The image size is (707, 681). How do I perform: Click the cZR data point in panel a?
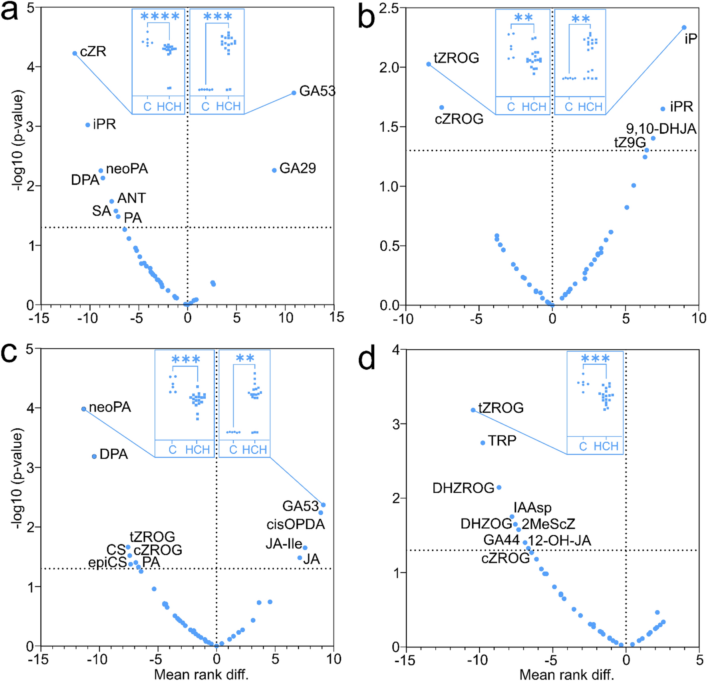[75, 53]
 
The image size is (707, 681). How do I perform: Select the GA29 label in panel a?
[298, 168]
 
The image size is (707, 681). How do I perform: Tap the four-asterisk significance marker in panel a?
[160, 17]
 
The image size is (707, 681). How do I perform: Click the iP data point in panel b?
[684, 28]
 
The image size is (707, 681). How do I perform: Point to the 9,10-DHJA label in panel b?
[661, 129]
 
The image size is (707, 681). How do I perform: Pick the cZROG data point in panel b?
[441, 107]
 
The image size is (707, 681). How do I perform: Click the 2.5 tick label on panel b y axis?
[389, 8]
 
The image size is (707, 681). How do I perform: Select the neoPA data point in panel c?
[83, 409]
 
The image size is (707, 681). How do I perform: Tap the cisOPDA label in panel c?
[296, 524]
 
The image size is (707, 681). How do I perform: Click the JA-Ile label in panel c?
[284, 544]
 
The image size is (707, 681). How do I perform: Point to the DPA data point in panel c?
[94, 456]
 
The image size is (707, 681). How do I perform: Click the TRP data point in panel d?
[483, 443]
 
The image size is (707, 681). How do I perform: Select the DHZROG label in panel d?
[463, 488]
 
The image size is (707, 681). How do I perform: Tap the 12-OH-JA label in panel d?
[559, 540]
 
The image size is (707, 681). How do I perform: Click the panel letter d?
[366, 359]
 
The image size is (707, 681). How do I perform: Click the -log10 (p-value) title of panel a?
[18, 141]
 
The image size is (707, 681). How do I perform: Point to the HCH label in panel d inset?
[606, 446]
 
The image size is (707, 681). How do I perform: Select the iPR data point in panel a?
[88, 125]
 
